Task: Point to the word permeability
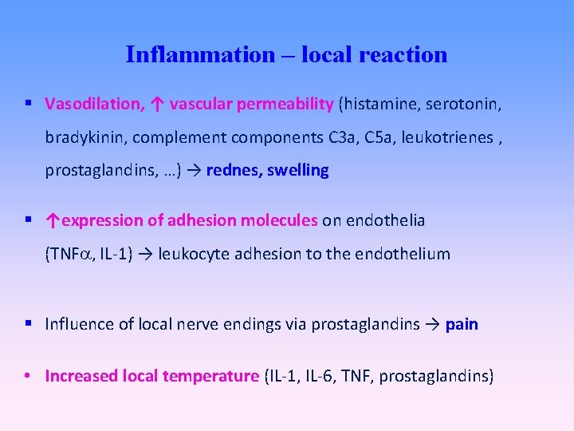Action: [284, 104]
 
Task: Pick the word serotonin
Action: [466, 104]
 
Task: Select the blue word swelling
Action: [297, 171]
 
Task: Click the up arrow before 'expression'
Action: [53, 220]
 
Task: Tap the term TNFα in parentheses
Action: [69, 255]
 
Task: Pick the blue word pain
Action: [462, 324]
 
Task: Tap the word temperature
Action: [210, 376]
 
